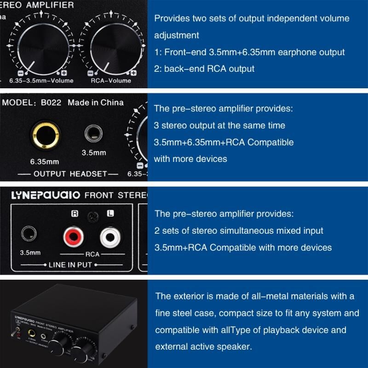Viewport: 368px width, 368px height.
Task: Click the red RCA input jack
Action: click(x=74, y=236)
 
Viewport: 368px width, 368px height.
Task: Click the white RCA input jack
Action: click(x=110, y=237)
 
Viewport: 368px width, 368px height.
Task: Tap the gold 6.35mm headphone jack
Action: click(x=46, y=135)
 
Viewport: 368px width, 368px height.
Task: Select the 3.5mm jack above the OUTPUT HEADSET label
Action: click(x=93, y=133)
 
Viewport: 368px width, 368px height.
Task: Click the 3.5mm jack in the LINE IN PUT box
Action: click(x=29, y=234)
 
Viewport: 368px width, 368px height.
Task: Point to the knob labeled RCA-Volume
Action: click(x=116, y=49)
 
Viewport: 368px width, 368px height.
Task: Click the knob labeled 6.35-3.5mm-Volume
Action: click(x=43, y=49)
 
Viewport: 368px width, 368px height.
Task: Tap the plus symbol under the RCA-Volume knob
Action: click(x=133, y=73)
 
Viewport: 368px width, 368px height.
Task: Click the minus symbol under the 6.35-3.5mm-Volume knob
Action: click(x=21, y=73)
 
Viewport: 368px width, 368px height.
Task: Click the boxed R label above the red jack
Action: click(x=75, y=213)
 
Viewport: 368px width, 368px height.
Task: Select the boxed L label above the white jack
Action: click(x=110, y=213)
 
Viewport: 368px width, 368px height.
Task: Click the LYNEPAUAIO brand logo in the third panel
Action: click(x=46, y=195)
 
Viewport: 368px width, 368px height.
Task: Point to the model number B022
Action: click(x=51, y=103)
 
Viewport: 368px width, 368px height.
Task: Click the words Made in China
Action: click(x=96, y=103)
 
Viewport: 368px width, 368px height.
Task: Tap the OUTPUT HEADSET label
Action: click(x=70, y=174)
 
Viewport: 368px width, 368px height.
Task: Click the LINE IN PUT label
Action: click(x=70, y=265)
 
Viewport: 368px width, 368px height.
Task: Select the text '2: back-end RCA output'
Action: click(x=204, y=69)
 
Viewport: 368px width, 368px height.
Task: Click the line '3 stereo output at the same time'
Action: click(x=219, y=126)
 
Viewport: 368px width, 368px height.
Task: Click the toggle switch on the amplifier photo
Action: click(x=15, y=331)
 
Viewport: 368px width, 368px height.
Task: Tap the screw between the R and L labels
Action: click(x=93, y=217)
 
